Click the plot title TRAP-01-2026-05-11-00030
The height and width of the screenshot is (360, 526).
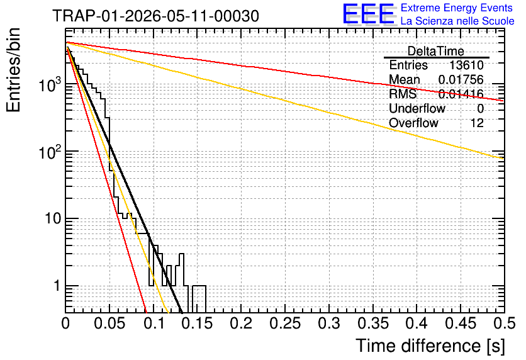click(156, 16)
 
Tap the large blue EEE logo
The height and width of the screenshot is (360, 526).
click(369, 14)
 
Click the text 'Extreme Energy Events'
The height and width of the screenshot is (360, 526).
click(457, 8)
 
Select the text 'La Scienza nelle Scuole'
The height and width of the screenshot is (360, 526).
click(457, 21)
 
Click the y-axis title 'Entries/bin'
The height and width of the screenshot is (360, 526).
click(13, 70)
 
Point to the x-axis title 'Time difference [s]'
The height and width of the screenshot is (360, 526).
click(430, 346)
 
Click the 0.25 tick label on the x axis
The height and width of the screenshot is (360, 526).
click(285, 323)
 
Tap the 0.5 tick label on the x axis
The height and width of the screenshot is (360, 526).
click(504, 323)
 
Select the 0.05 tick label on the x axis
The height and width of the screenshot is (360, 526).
click(109, 323)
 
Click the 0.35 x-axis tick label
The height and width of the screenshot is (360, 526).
click(373, 323)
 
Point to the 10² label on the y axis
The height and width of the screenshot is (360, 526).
click(50, 152)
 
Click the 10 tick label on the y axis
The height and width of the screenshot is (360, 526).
click(53, 219)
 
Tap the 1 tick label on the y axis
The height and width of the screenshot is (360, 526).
click(57, 286)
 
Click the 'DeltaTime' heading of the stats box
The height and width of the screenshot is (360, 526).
click(436, 51)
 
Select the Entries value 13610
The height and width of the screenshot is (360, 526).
click(466, 65)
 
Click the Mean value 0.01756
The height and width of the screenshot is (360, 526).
click(461, 79)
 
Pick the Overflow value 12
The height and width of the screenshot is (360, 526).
click(477, 123)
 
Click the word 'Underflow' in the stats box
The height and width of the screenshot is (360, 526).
click(417, 108)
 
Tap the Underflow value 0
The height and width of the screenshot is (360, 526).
click(480, 108)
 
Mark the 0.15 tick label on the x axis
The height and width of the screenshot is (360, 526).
click(198, 323)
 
